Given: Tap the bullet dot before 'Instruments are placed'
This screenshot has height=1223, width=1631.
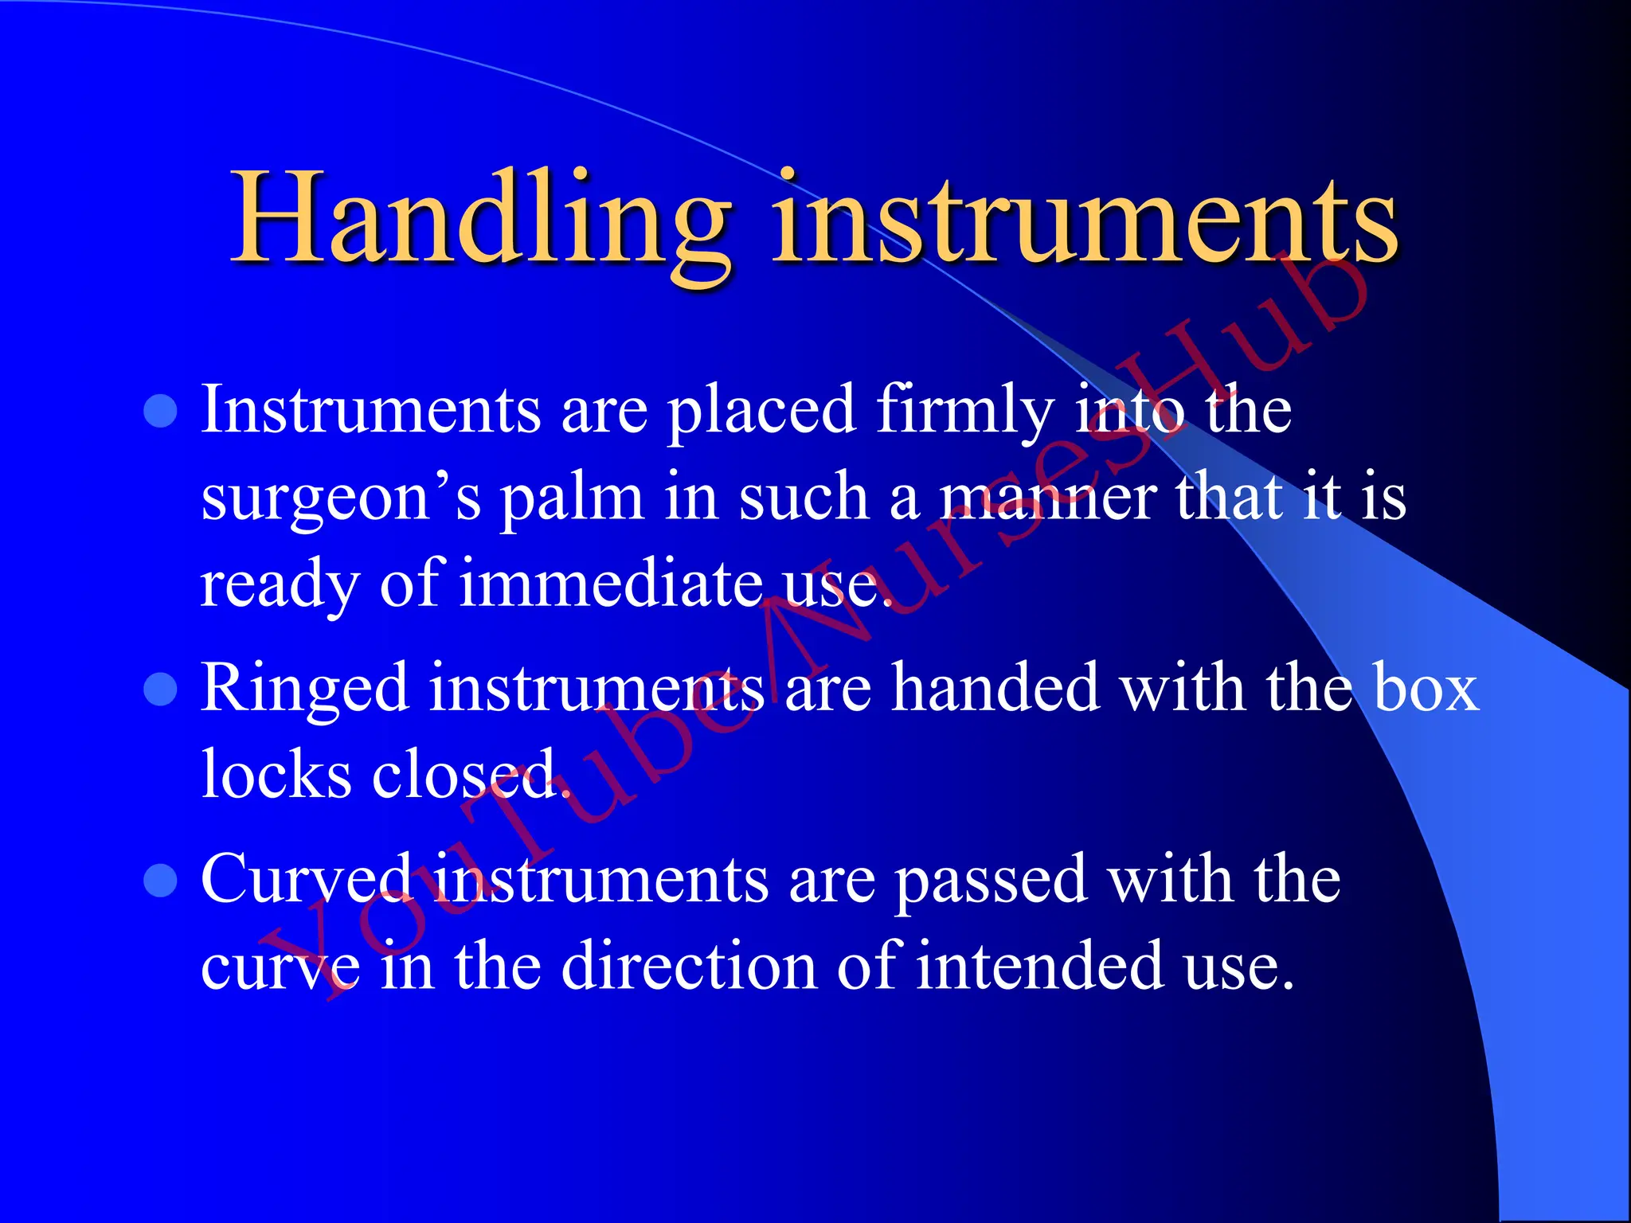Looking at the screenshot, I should point(161,412).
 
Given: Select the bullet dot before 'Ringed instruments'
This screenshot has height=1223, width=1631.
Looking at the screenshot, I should point(161,690).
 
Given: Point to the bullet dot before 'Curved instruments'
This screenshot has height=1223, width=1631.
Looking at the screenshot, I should point(161,881).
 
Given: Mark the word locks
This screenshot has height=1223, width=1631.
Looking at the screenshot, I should point(276,774).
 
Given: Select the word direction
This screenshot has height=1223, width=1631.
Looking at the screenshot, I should point(689,967).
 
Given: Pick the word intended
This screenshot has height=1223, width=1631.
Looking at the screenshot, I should point(1040,967).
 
